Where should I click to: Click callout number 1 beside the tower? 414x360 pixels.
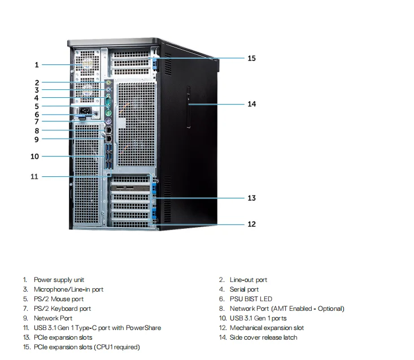[37, 65]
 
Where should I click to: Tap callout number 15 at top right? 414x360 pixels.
[251, 58]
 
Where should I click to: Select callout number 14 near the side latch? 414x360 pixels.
[251, 104]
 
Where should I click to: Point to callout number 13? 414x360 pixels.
[251, 198]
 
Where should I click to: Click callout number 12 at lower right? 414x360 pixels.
[251, 224]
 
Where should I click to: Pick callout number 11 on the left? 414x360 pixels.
[34, 176]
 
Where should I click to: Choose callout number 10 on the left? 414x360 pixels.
[34, 156]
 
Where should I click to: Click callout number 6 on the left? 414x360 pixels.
[37, 114]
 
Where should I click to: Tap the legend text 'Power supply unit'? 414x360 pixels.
[59, 280]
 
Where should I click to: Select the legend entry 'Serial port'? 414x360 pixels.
[244, 289]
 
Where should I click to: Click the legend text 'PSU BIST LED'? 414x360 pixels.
[251, 299]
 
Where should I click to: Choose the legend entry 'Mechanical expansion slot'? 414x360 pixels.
[267, 328]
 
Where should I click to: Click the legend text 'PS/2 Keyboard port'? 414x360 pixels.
[62, 309]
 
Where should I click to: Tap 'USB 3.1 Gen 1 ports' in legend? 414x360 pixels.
[258, 318]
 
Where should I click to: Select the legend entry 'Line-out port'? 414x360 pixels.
[248, 280]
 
